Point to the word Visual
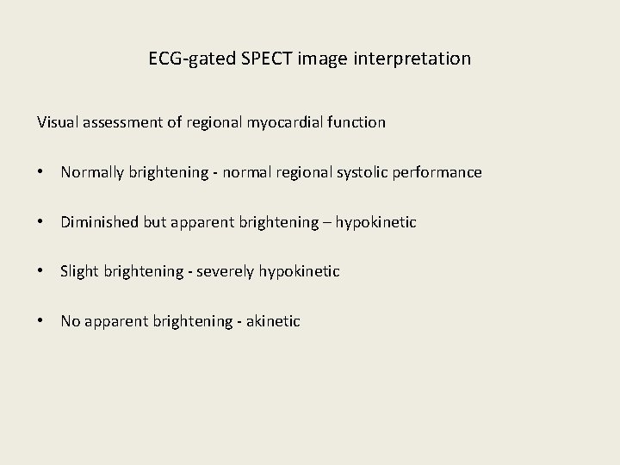coord(58,122)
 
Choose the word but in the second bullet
coord(152,222)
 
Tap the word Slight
coord(78,271)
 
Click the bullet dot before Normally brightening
coord(41,172)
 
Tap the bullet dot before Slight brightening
coord(41,271)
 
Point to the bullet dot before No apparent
coord(41,321)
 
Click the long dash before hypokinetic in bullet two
coord(325,222)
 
